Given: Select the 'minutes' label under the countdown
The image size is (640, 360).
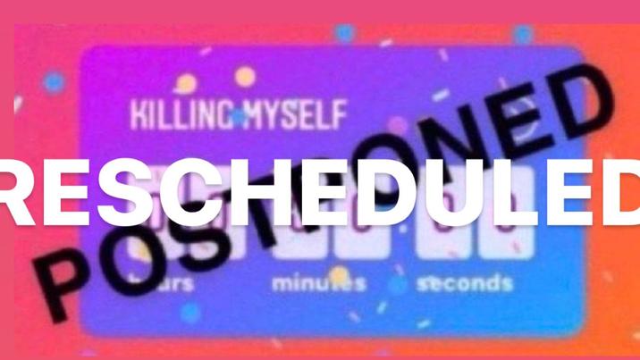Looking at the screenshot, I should point(319,284).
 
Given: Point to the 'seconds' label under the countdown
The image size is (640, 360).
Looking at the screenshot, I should point(464,284).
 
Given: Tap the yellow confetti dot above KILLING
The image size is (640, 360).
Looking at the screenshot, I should point(186,84).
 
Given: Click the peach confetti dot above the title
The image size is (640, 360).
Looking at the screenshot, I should point(245,78).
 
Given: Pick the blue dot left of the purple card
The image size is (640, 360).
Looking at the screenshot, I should point(54,83).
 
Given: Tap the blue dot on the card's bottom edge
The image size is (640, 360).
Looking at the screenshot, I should point(189,313).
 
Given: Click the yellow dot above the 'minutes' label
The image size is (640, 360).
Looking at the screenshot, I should point(339,272).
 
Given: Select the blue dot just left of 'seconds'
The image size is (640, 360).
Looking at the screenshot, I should point(400,284).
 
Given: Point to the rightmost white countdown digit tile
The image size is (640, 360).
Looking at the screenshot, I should point(501,234).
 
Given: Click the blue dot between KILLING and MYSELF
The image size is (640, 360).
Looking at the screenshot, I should point(238,117).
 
